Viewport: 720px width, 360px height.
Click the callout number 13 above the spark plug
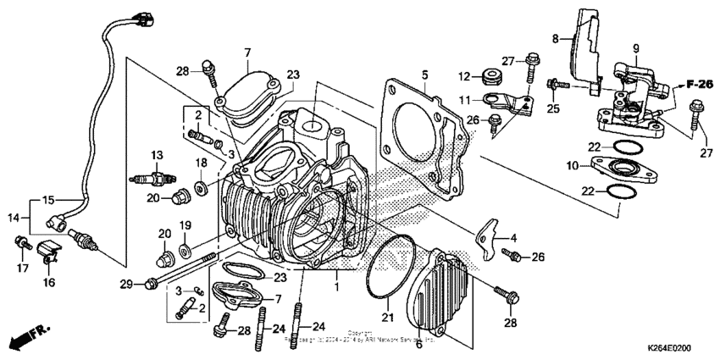tap(157, 155)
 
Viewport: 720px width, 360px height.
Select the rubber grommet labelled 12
tap(489, 77)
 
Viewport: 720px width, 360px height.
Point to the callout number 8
tap(555, 38)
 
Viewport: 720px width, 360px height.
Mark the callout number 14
tap(12, 217)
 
